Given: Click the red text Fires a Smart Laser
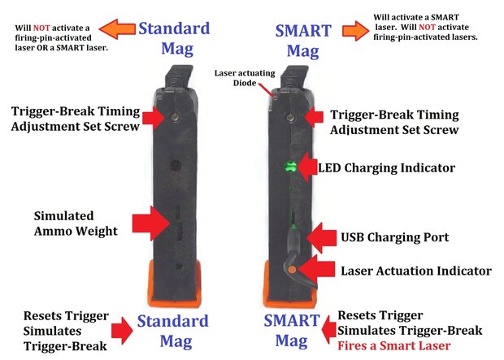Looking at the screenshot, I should click(x=393, y=345).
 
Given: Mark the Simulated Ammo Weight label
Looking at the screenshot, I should click(x=75, y=223).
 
